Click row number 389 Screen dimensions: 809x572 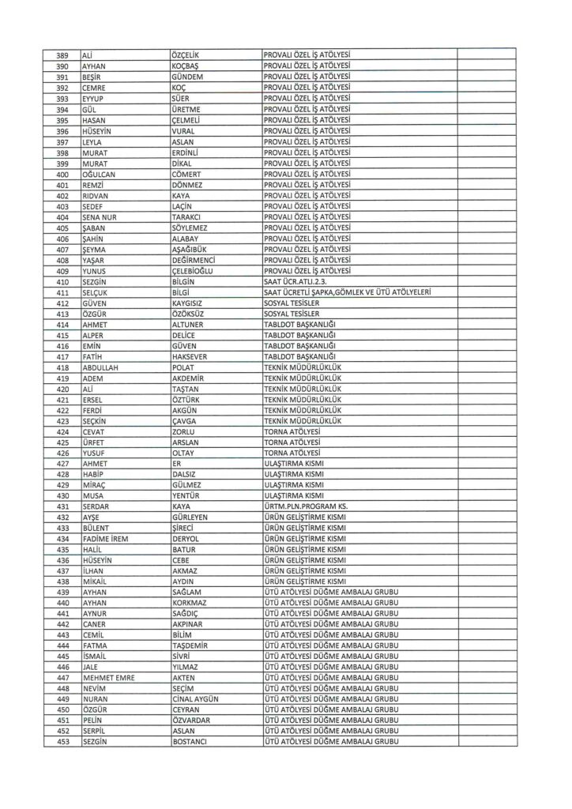(x=64, y=55)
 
